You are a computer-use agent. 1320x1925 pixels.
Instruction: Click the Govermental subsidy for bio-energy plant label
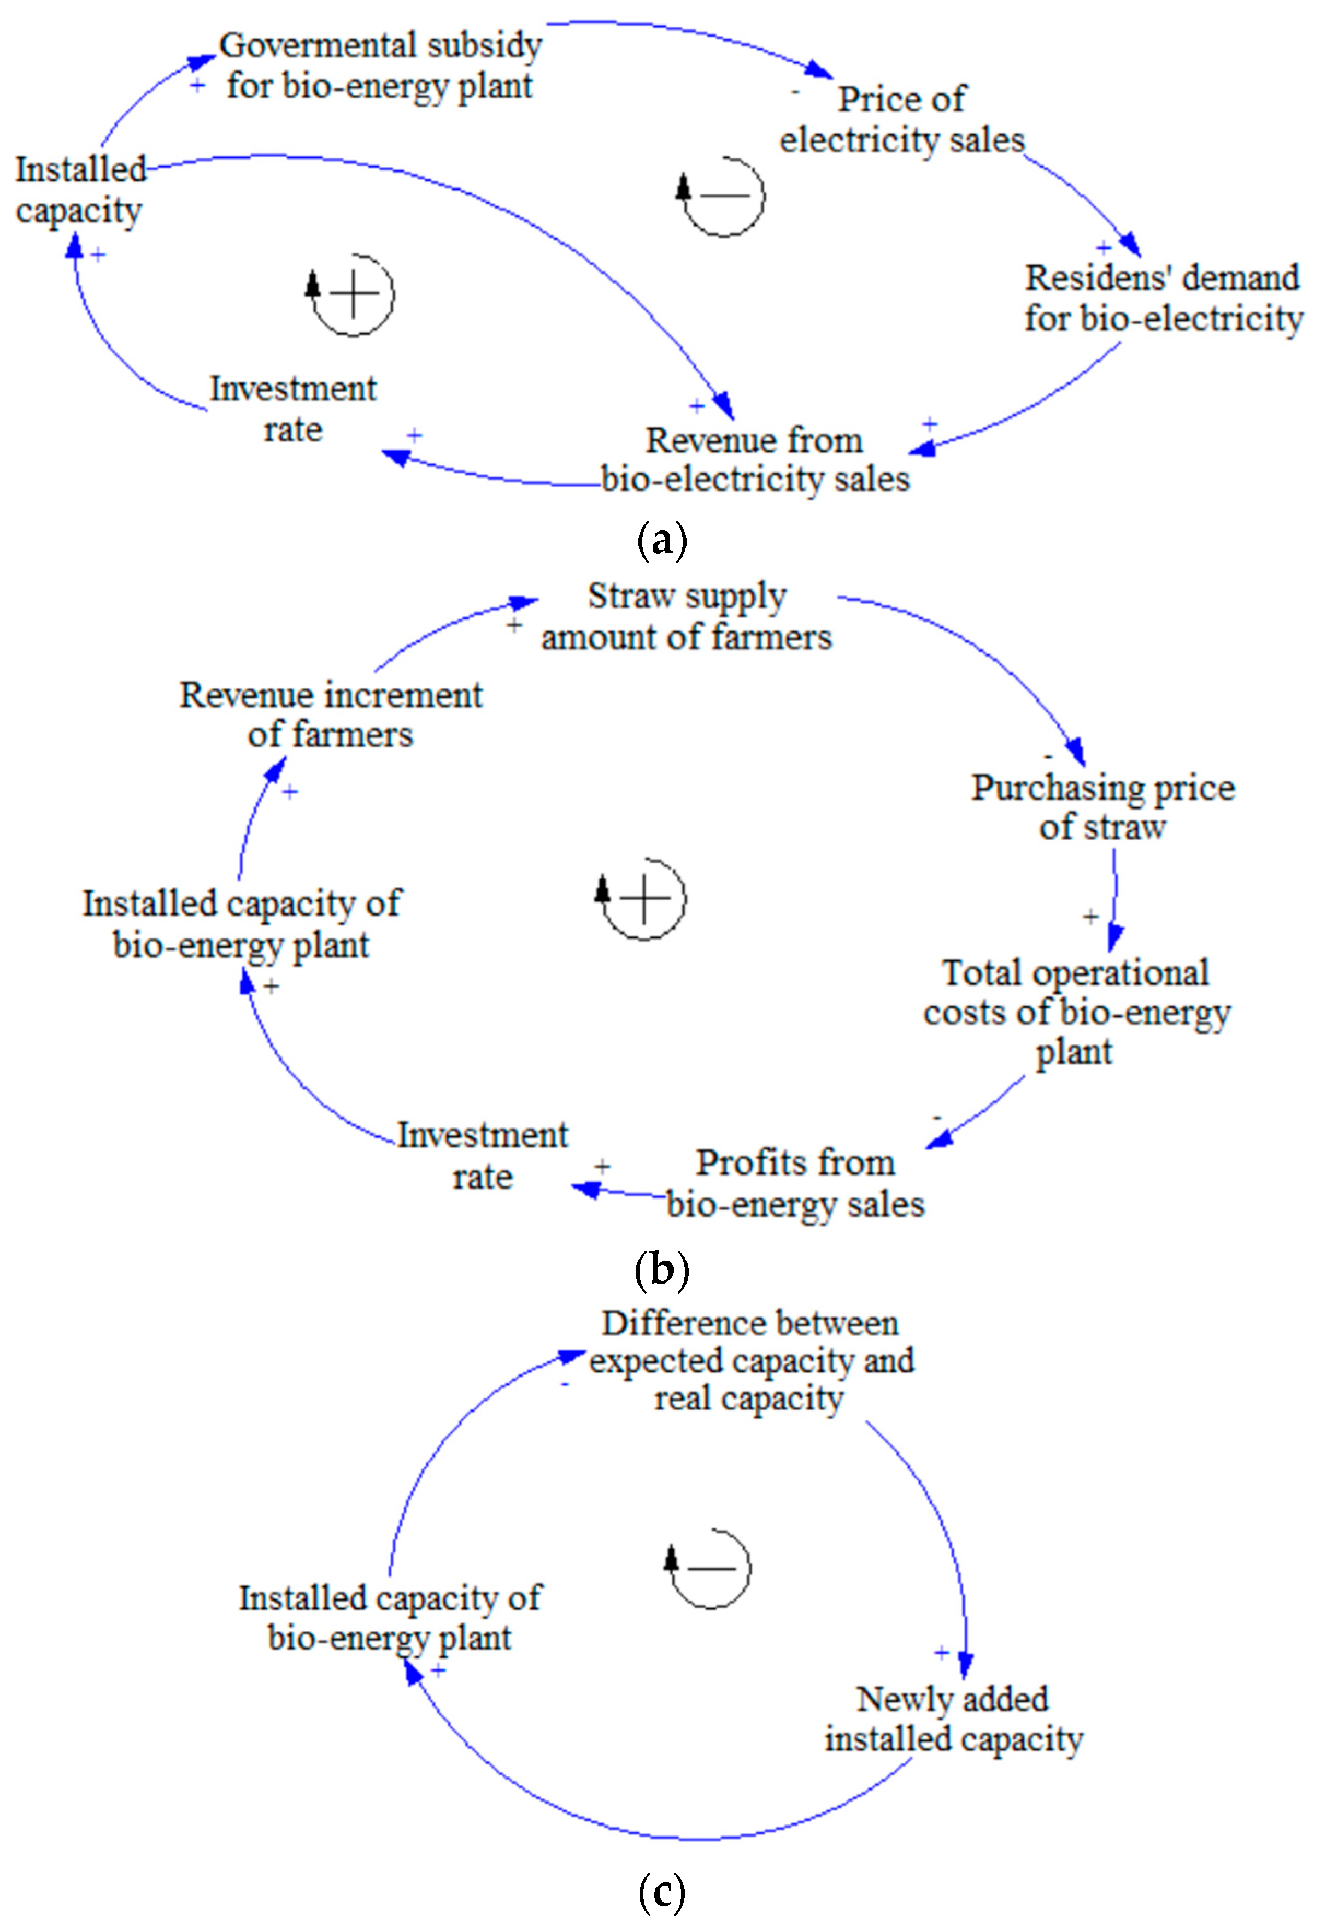coord(380,66)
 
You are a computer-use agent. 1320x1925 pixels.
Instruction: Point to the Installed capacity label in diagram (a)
coord(80,190)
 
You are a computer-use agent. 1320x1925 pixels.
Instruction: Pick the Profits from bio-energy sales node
coord(795,1183)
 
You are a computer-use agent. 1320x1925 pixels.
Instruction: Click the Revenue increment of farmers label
coord(331,714)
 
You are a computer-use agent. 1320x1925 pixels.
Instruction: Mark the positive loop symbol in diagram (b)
coord(643,899)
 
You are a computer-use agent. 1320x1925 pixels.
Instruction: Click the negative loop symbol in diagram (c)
coord(710,1568)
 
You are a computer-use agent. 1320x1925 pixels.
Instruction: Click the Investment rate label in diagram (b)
coord(482,1155)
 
